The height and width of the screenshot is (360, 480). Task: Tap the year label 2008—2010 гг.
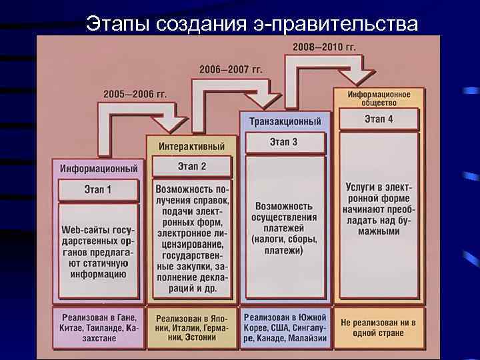coord(324,47)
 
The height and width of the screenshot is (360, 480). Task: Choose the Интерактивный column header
coord(191,146)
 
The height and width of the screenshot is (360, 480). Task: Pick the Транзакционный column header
coord(285,122)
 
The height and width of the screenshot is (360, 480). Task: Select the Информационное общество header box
coord(378,97)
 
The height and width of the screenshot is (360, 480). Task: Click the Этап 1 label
coord(98,190)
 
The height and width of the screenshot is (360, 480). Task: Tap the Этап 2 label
coord(191,166)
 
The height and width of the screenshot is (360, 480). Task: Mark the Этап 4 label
coord(379,119)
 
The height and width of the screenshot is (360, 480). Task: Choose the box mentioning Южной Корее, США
coord(285,327)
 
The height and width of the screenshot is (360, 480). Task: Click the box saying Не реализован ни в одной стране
coord(379,327)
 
